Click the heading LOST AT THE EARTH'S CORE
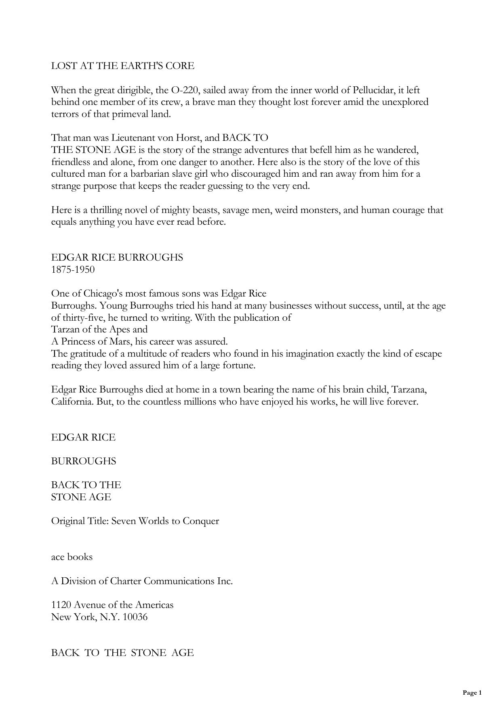pos(122,66)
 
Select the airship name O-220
pos(185,90)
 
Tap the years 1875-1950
pos(73,269)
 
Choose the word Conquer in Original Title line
pos(200,521)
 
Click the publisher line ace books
pos(72,557)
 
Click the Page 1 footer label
pos(472,693)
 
